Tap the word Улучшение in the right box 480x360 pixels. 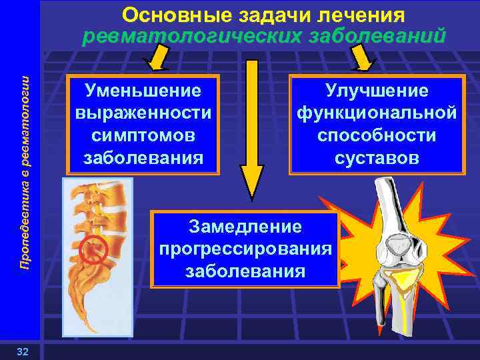[x=377, y=90]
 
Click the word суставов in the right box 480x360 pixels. [x=377, y=159]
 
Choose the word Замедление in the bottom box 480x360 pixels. [x=245, y=227]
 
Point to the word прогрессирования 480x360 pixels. [x=245, y=249]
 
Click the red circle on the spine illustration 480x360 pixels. [x=93, y=249]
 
